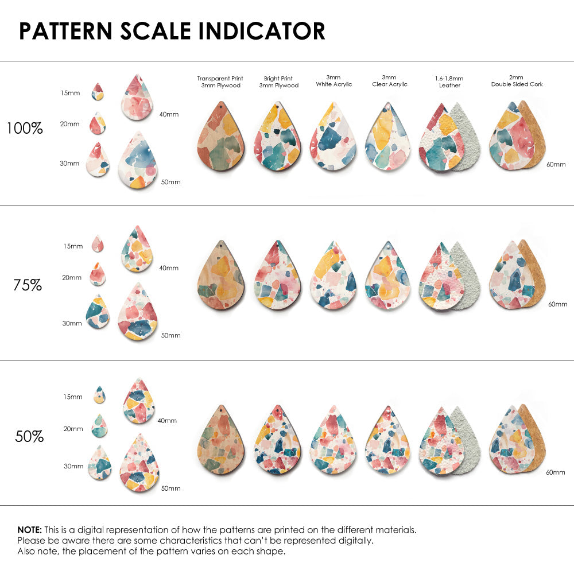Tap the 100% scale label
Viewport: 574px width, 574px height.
tap(25, 129)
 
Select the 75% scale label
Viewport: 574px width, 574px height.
tap(28, 285)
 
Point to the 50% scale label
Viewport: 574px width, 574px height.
tap(29, 437)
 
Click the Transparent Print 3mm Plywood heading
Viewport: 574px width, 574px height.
tap(220, 82)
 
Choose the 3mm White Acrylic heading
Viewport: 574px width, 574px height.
tap(333, 81)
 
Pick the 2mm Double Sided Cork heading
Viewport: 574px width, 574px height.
tap(517, 81)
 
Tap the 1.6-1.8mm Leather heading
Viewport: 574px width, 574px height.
tap(449, 82)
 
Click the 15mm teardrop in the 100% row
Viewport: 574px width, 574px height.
tap(98, 92)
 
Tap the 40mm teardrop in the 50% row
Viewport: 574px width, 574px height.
tap(138, 401)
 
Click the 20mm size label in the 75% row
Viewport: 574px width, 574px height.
tap(72, 278)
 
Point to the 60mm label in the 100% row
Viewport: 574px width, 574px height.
tap(556, 164)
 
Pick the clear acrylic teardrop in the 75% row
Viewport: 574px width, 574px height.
tap(389, 276)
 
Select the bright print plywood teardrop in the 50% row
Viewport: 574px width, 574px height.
tap(278, 440)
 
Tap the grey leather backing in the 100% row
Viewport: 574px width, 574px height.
tap(466, 137)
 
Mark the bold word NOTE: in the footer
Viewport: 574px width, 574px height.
tap(29, 530)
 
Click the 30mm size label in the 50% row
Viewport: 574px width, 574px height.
tap(73, 467)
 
